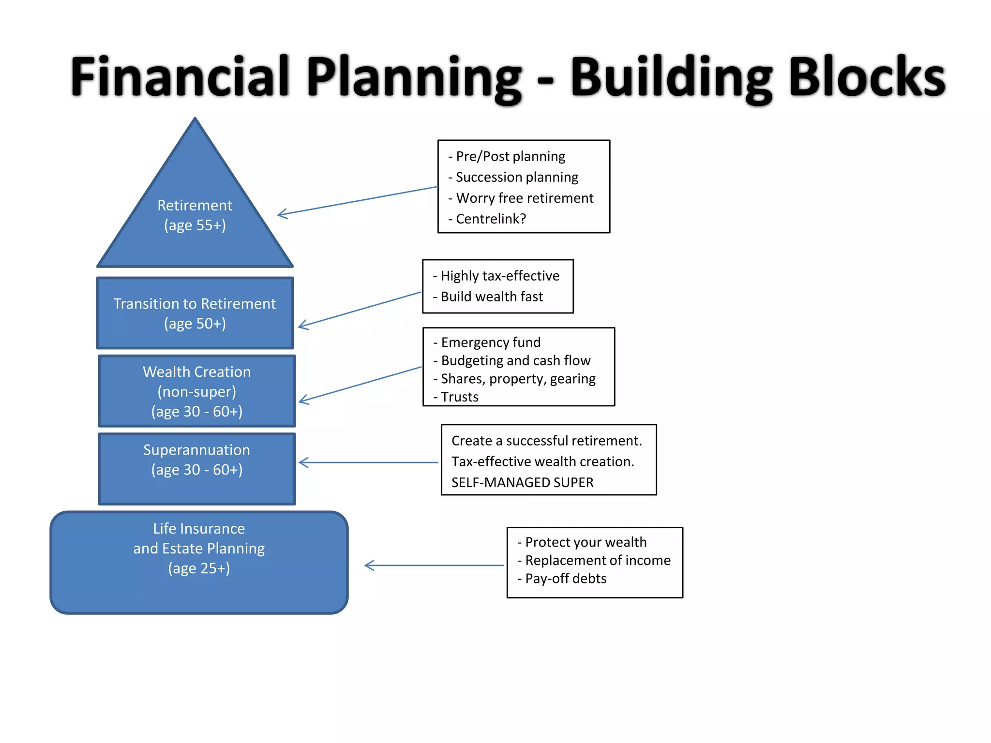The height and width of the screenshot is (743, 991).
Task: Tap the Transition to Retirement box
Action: point(195,313)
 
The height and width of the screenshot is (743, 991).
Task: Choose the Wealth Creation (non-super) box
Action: point(197,391)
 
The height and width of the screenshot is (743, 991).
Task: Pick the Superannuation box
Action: point(197,469)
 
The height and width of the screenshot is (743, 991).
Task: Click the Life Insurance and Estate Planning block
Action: point(199,562)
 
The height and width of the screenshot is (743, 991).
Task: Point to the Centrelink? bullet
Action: point(490,219)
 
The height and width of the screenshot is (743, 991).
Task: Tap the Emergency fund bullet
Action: point(490,342)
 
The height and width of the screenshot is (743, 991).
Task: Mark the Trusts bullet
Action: point(459,397)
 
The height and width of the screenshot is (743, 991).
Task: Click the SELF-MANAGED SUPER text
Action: point(522,482)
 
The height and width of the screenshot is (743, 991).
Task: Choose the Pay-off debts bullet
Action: point(565,579)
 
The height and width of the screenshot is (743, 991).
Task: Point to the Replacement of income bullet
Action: point(597,560)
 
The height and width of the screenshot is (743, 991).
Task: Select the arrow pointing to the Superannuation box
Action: point(368,462)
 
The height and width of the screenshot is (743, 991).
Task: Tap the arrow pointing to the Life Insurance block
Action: point(434,565)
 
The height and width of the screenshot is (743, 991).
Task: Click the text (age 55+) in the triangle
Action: point(195,225)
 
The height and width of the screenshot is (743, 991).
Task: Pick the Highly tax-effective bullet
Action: point(499,276)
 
